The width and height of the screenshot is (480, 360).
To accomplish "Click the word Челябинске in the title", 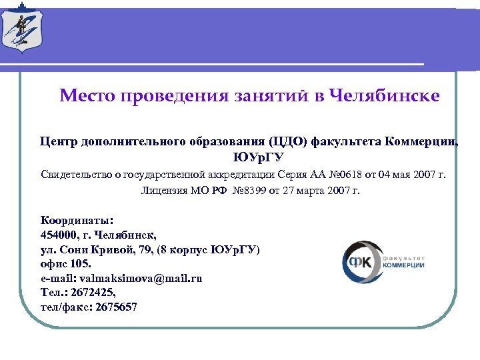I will click(x=385, y=95).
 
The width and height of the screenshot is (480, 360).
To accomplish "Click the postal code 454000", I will click(x=62, y=234).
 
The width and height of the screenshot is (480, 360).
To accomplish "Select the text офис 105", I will click(x=67, y=263).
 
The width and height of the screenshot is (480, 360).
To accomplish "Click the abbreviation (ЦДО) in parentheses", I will click(x=288, y=141).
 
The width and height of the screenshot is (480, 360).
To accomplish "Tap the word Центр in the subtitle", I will click(x=59, y=141).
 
